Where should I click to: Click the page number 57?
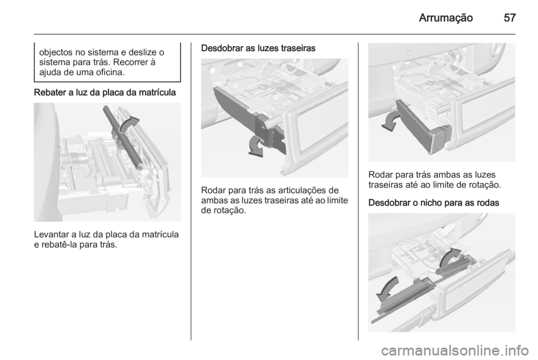[x=509, y=17]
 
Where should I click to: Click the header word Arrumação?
[x=446, y=18]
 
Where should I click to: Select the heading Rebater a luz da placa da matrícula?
[x=105, y=93]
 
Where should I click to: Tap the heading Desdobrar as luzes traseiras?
[x=258, y=48]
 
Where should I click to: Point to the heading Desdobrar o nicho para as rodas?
[x=434, y=203]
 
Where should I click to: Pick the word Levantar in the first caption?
[x=52, y=235]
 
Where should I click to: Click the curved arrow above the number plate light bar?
[x=129, y=124]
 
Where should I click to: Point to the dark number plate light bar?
[x=123, y=137]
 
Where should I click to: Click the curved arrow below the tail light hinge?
[x=256, y=146]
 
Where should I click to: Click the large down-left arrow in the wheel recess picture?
[x=388, y=289]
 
